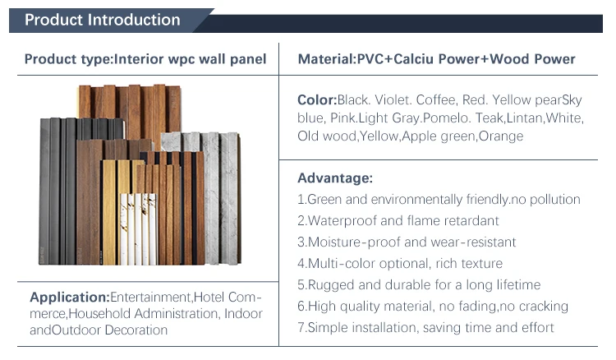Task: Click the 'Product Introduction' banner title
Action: tap(103, 20)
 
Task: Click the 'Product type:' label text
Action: tap(68, 59)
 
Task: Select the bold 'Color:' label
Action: tap(317, 100)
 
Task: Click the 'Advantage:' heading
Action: tap(335, 178)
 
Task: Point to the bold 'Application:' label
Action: tap(69, 297)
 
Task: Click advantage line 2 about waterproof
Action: tap(398, 221)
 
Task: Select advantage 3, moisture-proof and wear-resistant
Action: tap(407, 242)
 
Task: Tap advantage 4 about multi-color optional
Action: tap(400, 264)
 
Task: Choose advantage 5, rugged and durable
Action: tap(419, 285)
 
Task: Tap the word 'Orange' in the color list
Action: tap(500, 136)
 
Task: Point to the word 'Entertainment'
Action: tap(150, 297)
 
